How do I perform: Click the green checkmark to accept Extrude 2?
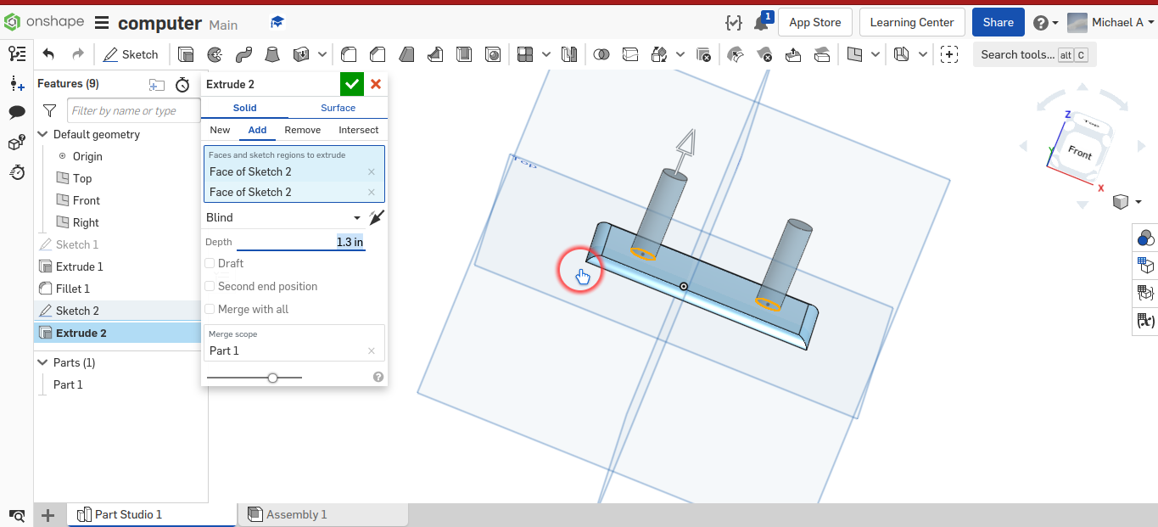click(x=351, y=84)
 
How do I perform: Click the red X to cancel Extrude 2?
click(x=376, y=84)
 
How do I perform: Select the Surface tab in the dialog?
click(x=338, y=108)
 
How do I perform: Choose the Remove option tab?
click(x=302, y=130)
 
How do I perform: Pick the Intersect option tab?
click(x=358, y=130)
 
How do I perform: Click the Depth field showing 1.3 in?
click(x=301, y=242)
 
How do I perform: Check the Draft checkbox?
click(x=210, y=264)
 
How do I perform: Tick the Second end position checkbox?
click(x=210, y=287)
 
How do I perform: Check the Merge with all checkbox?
click(x=210, y=310)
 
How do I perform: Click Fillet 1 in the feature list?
click(x=73, y=289)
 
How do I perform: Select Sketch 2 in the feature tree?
click(x=77, y=311)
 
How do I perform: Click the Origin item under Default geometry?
click(x=87, y=156)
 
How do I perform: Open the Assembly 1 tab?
click(x=296, y=514)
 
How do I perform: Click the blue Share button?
click(x=998, y=22)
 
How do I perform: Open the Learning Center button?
click(x=912, y=22)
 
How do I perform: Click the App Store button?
click(x=814, y=22)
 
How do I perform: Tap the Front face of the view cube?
click(x=1080, y=153)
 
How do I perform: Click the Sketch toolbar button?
click(x=131, y=54)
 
